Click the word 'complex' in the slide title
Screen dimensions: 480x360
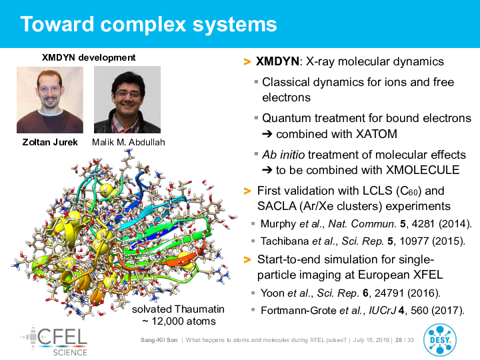143,25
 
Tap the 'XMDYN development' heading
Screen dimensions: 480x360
89,57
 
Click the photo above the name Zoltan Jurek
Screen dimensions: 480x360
50,100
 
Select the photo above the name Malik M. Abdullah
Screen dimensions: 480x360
127,99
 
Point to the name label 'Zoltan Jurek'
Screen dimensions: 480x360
50,143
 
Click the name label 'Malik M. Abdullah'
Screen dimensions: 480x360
129,143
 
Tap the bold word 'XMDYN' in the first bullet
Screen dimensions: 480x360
277,61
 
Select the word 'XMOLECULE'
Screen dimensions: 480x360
423,170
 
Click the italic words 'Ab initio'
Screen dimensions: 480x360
283,155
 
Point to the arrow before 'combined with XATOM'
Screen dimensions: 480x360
267,135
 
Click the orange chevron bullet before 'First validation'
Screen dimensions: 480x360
247,191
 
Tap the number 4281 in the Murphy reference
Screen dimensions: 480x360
423,224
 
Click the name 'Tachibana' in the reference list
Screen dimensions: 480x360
285,241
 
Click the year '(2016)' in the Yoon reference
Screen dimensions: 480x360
424,293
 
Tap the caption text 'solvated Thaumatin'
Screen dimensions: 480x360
178,309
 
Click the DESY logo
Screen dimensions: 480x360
440,341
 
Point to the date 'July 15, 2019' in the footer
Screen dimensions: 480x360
371,340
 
